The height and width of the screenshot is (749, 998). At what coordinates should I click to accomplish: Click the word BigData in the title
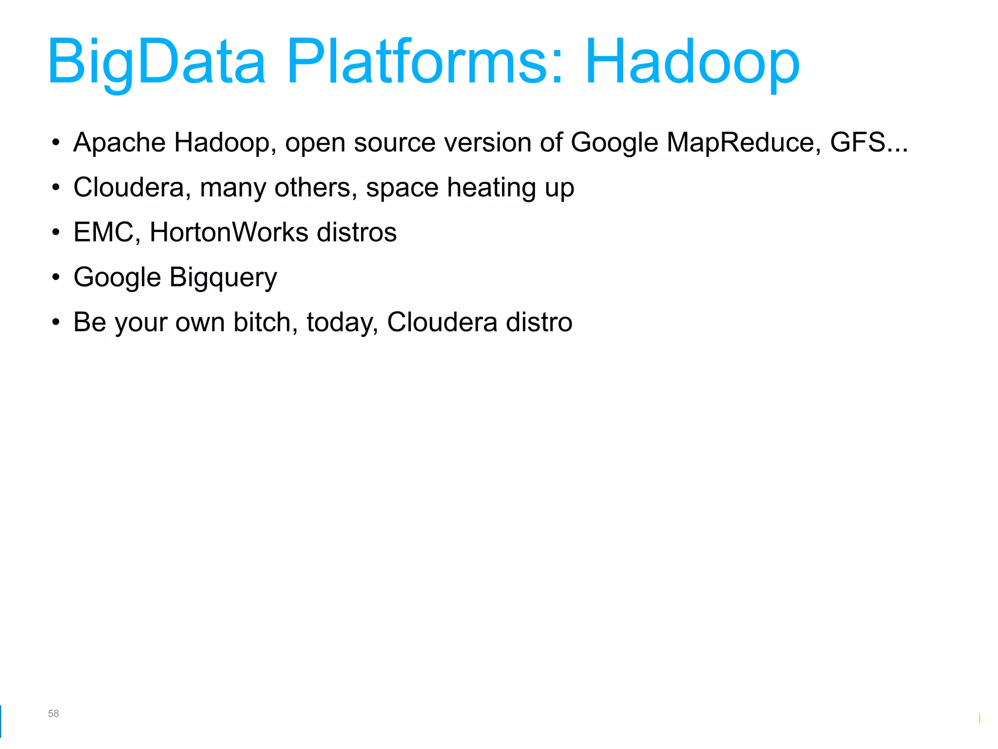click(x=156, y=62)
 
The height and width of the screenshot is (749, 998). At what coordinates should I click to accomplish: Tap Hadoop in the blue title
click(x=692, y=62)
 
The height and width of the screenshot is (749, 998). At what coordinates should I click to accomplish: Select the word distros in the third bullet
click(x=357, y=232)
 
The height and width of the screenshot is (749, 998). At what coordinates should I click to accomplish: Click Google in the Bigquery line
click(x=117, y=277)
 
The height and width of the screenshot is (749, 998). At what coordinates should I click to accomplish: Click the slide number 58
click(x=53, y=713)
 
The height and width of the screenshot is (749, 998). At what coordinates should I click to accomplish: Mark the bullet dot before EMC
click(x=56, y=233)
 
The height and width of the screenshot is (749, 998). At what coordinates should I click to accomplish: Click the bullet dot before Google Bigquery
click(x=56, y=277)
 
